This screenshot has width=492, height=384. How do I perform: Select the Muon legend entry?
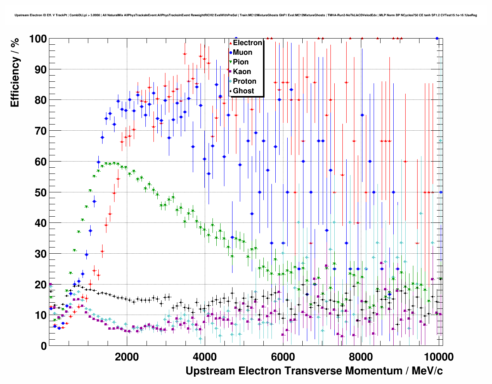pyautogui.click(x=243, y=52)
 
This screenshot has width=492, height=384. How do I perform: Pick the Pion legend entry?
pyautogui.click(x=241, y=62)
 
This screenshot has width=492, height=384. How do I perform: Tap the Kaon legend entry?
pyautogui.click(x=242, y=72)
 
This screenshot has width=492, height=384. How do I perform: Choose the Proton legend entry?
pyautogui.click(x=244, y=81)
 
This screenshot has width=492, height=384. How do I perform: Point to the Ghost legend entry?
pyautogui.click(x=243, y=91)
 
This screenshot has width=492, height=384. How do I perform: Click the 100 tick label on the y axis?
pyautogui.click(x=38, y=39)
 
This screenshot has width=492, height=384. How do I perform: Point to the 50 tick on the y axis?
pyautogui.click(x=40, y=192)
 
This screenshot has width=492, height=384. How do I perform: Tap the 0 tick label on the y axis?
pyautogui.click(x=44, y=346)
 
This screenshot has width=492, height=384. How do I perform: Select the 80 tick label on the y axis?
pyautogui.click(x=40, y=100)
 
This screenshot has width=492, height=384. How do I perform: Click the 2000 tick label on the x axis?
pyautogui.click(x=127, y=357)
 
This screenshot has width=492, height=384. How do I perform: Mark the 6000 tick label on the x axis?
pyautogui.click(x=283, y=357)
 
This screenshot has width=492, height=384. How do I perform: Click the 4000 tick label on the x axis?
pyautogui.click(x=205, y=357)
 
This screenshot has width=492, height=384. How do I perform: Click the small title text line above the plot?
pyautogui.click(x=246, y=15)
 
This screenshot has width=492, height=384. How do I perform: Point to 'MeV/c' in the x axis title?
pyautogui.click(x=427, y=371)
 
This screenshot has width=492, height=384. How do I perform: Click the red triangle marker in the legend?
pyautogui.click(x=231, y=43)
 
